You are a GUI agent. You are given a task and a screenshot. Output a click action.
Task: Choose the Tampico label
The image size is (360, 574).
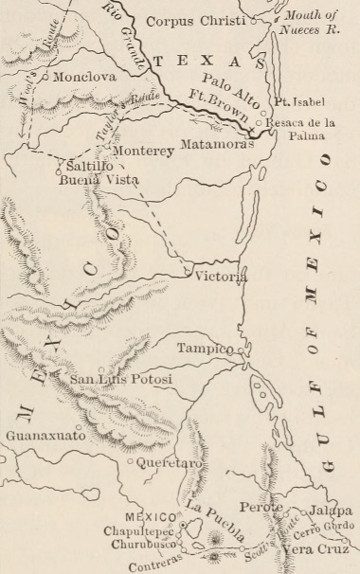pyautogui.click(x=205, y=349)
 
